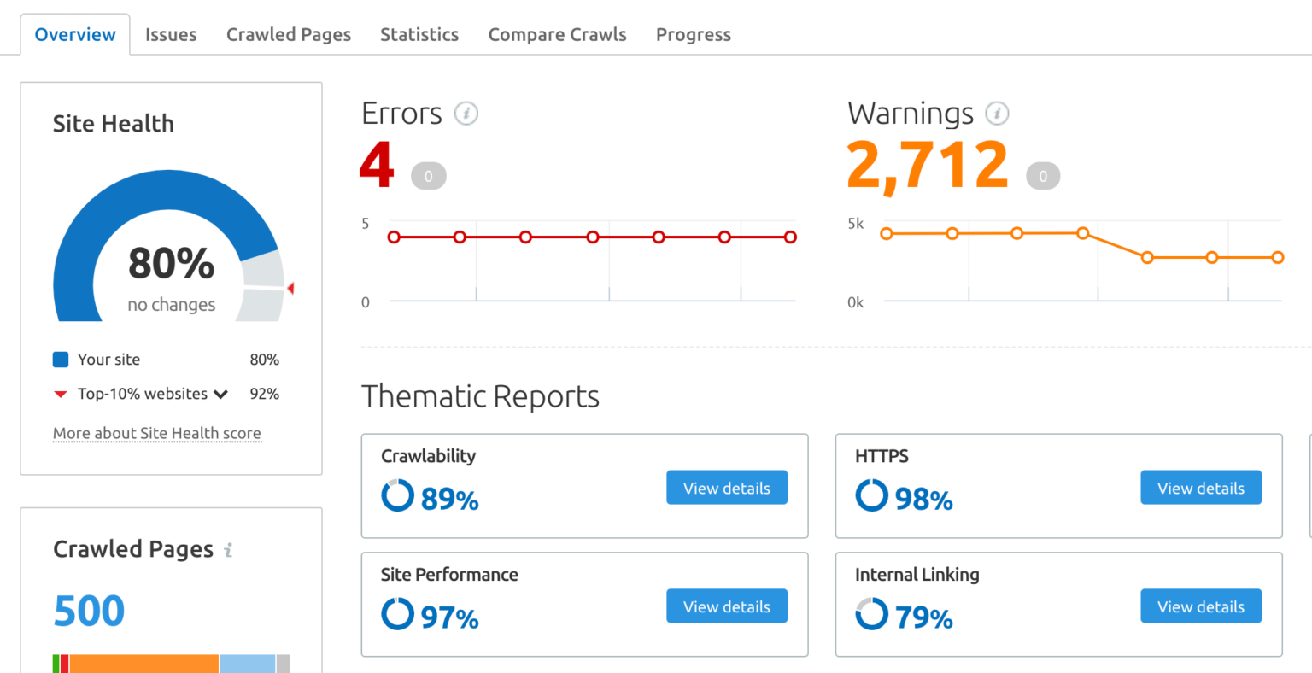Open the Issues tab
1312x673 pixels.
171,35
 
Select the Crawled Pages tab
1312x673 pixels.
289,35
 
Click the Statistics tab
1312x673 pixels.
419,35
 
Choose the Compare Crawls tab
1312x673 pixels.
557,35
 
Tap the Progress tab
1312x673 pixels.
694,35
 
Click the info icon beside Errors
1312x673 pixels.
466,113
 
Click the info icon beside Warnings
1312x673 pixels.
997,113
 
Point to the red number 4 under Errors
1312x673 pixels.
377,165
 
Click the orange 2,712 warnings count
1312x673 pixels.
928,165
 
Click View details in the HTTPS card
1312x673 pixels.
1200,488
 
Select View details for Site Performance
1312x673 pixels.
726,606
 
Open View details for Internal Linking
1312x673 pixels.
1200,606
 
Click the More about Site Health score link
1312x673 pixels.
157,433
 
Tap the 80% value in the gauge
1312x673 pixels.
171,263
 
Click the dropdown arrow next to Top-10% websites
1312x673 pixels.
221,395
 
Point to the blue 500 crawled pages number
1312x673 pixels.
89,611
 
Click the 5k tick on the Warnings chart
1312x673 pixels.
855,224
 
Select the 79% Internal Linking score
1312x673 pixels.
923,617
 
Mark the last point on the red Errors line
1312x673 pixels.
790,237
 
